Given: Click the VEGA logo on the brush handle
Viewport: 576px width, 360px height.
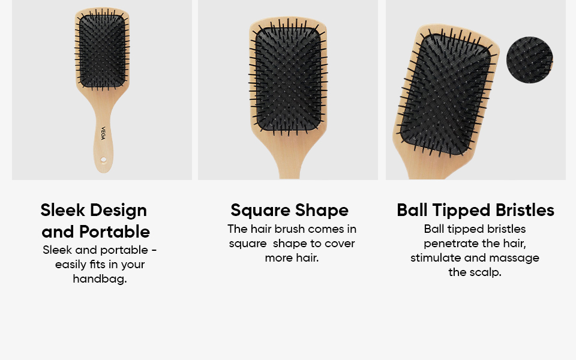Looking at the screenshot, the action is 103,133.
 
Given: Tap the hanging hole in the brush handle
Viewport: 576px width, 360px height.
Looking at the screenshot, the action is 104,160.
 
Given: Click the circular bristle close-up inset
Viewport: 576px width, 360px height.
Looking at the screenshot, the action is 529,60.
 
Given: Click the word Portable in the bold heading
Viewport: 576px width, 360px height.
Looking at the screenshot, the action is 115,232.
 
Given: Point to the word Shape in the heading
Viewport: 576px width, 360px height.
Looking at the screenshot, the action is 322,211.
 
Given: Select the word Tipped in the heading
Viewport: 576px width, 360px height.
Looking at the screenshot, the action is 461,211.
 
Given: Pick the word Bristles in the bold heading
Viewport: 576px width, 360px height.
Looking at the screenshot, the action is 525,210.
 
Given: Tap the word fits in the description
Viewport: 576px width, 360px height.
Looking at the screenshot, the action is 97,265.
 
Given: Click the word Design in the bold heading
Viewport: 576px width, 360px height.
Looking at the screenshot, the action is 119,211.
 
